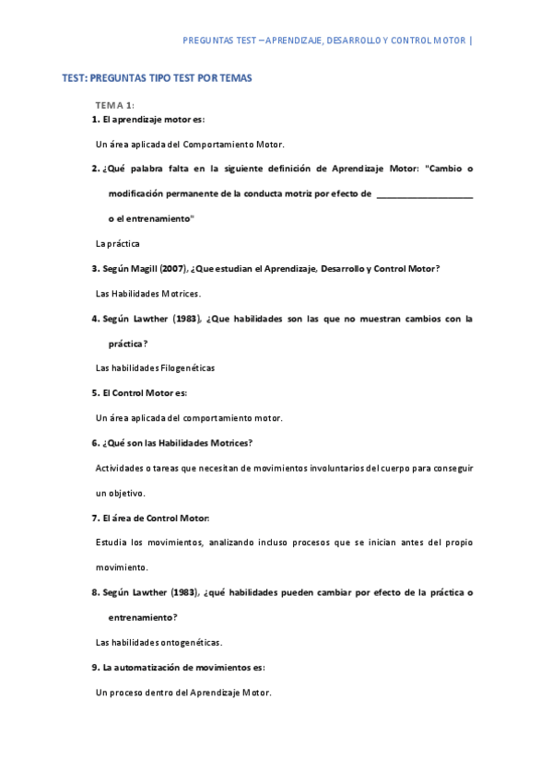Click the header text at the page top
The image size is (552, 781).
[327, 41]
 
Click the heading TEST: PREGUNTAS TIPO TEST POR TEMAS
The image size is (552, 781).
[157, 78]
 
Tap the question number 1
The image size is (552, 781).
[95, 120]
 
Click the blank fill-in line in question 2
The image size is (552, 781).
[425, 194]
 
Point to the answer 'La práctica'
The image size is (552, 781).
[117, 244]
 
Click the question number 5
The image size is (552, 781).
[95, 392]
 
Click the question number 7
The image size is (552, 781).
[95, 518]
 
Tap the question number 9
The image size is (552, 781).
[95, 667]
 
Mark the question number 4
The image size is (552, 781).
[95, 319]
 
